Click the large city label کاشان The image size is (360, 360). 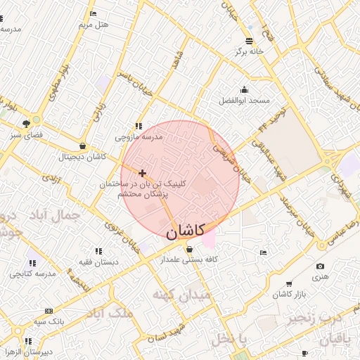point(186,230)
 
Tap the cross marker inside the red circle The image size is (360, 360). point(143,172)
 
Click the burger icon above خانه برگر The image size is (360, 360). point(250,41)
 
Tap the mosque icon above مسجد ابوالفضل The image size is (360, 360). point(244,89)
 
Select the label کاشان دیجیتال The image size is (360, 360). point(82,157)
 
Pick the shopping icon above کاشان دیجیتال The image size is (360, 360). point(83,146)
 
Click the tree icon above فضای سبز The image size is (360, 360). point(27,122)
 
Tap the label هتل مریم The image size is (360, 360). point(94,25)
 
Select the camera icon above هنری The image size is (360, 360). point(321,266)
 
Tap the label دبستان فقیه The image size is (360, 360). point(97,262)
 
